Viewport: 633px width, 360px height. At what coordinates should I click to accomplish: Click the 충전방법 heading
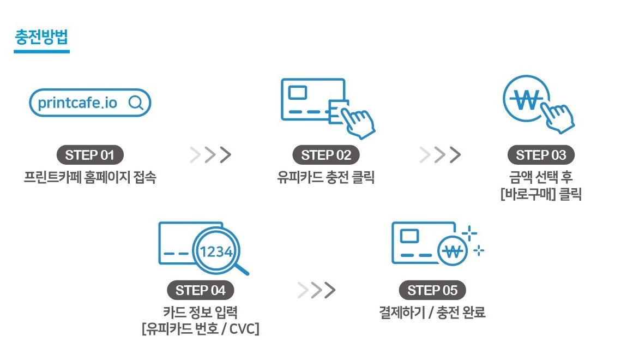point(41,39)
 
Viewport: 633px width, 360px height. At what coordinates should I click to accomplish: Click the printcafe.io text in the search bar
point(77,103)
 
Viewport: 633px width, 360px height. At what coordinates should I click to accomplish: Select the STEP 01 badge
point(90,155)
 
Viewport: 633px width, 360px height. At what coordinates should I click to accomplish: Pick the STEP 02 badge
point(326,155)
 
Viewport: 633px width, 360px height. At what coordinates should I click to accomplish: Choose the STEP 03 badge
point(541,155)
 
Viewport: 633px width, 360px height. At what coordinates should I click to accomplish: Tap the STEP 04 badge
point(200,290)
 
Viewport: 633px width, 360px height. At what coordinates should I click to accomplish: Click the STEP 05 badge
point(432,290)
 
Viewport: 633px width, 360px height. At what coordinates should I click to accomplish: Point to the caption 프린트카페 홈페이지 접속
point(90,178)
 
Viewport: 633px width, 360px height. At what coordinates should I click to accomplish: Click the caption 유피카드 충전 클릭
point(326,178)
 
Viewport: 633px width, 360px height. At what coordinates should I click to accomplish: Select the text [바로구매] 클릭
point(541,195)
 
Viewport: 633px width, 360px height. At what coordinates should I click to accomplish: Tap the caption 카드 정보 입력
point(200,313)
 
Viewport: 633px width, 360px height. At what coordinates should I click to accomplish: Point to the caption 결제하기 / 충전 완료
point(432,313)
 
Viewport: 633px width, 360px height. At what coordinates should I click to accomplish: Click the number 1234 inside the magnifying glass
point(216,252)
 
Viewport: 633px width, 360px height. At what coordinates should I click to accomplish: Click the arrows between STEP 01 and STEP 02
point(210,155)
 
